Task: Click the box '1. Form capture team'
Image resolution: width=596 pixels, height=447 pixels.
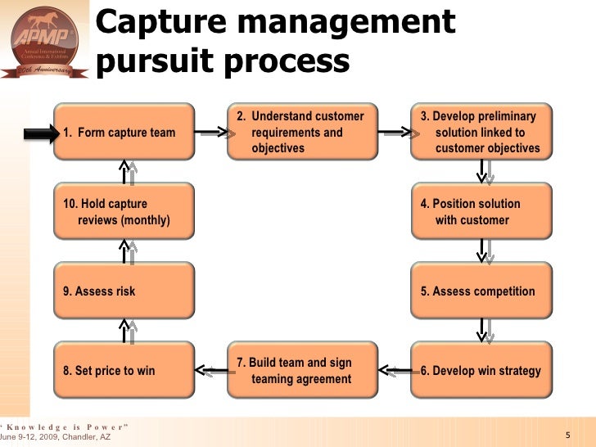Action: point(124,132)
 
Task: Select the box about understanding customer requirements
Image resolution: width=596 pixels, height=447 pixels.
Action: point(303,132)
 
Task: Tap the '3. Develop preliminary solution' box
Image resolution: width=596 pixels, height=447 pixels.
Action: point(481,132)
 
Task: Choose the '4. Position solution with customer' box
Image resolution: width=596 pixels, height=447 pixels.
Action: point(481,211)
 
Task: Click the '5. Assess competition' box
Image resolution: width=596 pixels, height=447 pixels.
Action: point(481,291)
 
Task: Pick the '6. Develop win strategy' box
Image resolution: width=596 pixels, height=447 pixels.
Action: point(481,370)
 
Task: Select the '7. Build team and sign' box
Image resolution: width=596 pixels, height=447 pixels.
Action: point(303,370)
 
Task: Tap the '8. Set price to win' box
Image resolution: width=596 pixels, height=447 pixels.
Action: point(124,370)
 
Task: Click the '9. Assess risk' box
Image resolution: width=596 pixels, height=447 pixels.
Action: point(124,291)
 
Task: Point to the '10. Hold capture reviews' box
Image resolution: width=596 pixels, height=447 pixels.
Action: point(124,211)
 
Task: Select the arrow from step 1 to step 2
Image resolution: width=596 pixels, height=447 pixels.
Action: point(211,130)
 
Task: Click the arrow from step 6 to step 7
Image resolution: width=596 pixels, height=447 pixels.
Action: point(395,370)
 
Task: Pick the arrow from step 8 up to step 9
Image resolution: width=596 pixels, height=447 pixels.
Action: point(127,331)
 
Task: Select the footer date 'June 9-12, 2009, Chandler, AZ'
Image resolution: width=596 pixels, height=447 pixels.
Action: point(55,438)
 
